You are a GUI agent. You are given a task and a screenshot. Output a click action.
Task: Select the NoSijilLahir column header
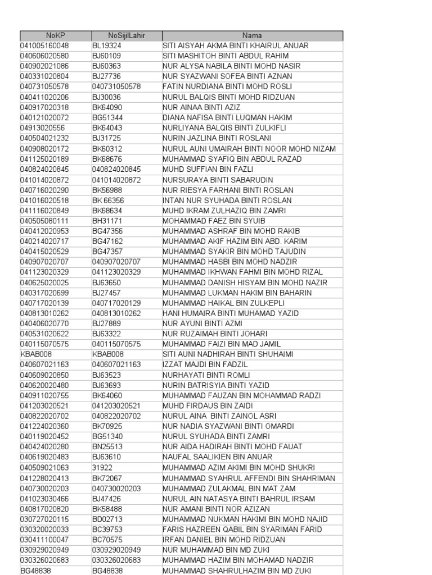point(127,35)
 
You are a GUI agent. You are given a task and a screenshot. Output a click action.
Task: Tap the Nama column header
point(253,35)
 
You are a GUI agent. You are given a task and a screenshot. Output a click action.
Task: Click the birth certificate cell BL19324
point(107,45)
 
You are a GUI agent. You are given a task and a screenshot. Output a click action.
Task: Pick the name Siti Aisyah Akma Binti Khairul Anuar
point(236,45)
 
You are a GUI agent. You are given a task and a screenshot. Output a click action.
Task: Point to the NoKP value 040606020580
point(44,56)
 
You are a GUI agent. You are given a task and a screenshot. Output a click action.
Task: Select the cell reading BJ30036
point(107,97)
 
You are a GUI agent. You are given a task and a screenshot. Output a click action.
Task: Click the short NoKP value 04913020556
point(43,128)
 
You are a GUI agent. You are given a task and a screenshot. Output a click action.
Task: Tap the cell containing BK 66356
point(109,200)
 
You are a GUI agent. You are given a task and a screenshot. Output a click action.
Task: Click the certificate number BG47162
point(107,241)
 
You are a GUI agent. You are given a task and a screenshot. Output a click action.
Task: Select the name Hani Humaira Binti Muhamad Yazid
point(231,313)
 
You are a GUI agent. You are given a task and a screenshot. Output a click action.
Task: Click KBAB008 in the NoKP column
point(36,354)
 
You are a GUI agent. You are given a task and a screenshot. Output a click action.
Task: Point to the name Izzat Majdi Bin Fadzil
point(205,365)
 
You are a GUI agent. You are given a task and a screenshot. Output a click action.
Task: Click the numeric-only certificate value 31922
point(102,468)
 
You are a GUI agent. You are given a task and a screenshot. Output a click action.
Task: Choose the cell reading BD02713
point(107,519)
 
